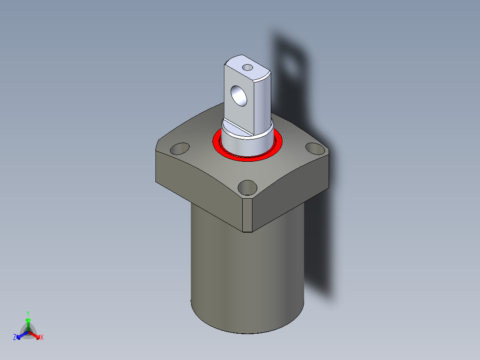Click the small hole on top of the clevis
[x=248, y=67]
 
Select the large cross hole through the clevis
[x=239, y=96]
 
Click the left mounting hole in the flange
[x=180, y=149]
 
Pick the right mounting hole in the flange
[x=315, y=149]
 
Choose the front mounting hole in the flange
[x=248, y=188]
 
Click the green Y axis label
[x=28, y=313]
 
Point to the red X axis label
[x=42, y=337]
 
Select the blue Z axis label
[x=14, y=337]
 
